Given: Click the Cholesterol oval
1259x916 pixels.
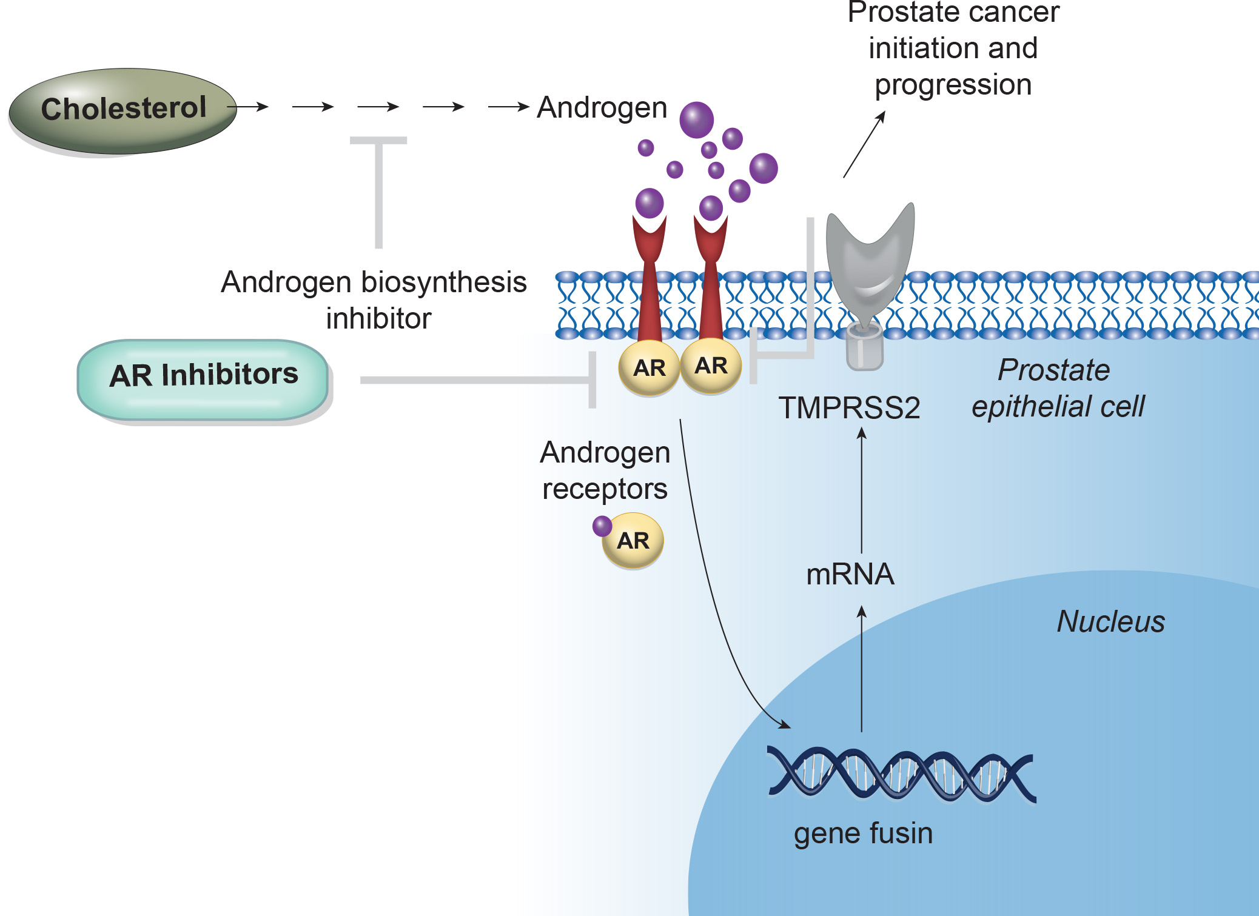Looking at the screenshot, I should point(123,110).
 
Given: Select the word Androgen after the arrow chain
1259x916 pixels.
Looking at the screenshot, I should point(602,108).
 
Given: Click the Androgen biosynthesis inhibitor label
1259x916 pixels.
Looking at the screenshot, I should point(374,299).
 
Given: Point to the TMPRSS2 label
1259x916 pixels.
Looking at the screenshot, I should point(849,408).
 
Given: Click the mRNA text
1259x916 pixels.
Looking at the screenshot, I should point(850,574).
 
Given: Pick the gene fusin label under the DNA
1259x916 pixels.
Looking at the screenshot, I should point(863,833).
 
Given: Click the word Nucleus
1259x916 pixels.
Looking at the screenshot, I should point(1110,621).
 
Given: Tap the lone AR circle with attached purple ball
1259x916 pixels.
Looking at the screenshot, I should point(633,540).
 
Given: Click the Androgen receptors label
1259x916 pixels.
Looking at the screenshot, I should point(605,470).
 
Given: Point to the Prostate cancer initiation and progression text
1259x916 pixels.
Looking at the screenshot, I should point(953,48).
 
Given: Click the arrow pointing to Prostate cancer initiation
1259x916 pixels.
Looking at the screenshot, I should point(864,144).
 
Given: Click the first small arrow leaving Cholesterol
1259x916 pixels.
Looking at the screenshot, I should point(252,107).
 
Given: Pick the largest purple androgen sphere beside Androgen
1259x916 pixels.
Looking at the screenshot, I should point(696,119).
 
